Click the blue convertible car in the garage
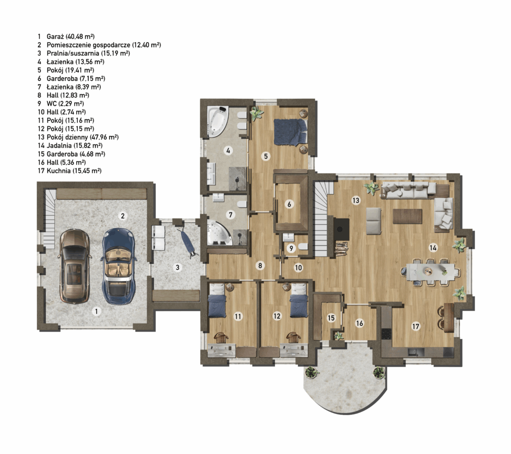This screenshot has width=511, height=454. point(119,266)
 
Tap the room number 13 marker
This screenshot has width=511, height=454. point(356,200)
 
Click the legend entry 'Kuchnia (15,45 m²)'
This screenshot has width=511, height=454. point(74,170)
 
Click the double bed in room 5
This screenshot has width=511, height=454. point(290,131)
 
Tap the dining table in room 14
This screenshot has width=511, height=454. point(430,271)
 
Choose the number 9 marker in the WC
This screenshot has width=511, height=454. point(291,248)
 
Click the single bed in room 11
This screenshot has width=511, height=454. point(217,300)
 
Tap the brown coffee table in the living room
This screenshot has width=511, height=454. point(407,216)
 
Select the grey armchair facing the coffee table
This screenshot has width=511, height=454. point(373,221)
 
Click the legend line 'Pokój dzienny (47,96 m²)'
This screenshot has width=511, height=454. point(82,137)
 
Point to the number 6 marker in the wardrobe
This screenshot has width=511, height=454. point(289,204)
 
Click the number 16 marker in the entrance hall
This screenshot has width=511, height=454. point(359,323)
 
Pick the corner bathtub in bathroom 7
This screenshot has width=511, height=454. point(220,232)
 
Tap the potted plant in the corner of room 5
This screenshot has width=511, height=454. point(256,113)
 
